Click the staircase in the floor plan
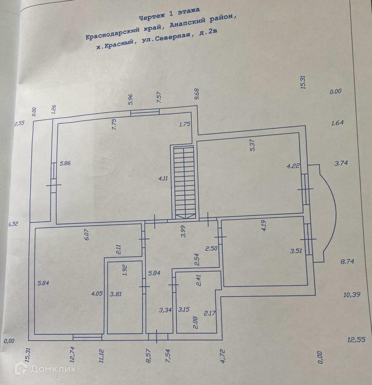(x=184, y=182)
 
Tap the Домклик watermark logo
(x=45, y=368)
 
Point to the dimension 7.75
(x=114, y=124)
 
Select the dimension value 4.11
(x=163, y=179)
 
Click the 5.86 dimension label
(x=65, y=163)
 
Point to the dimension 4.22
(x=293, y=165)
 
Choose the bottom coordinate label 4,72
(x=222, y=356)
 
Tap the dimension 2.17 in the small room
(x=209, y=313)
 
